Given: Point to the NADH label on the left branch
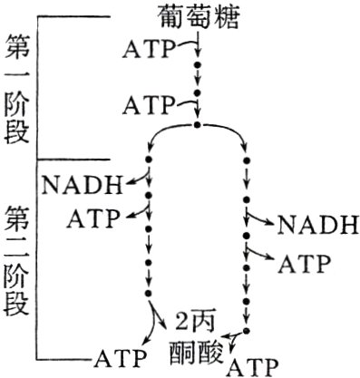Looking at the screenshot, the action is pyautogui.click(x=81, y=187).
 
